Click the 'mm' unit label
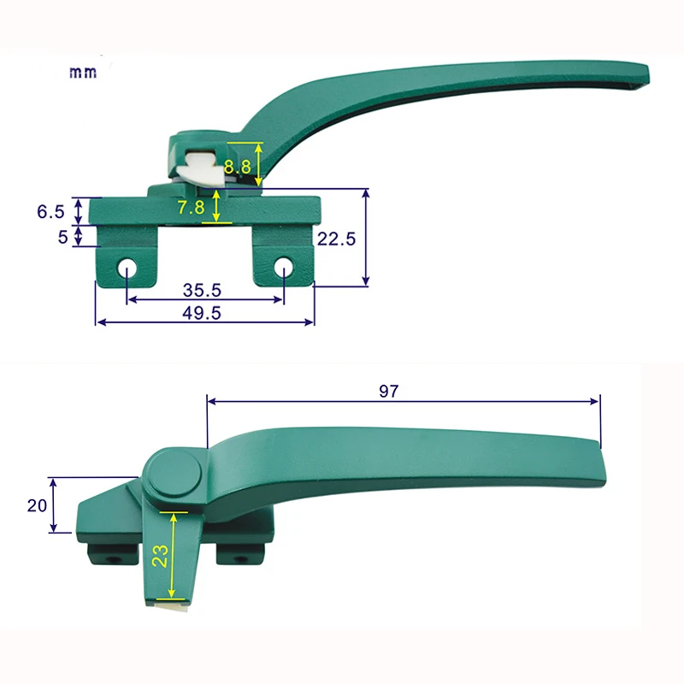[x=83, y=73]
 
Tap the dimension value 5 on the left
[x=62, y=237]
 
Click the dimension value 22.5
[x=336, y=239]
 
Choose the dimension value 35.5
[x=203, y=290]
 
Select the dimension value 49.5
[x=203, y=313]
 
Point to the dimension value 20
[x=36, y=505]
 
